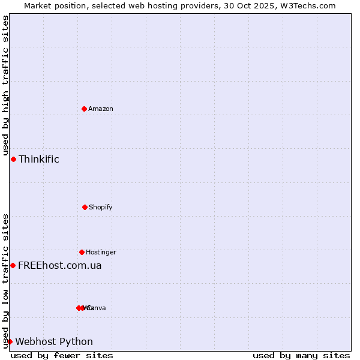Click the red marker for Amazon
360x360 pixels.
pyautogui.click(x=84, y=109)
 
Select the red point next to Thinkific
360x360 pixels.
pyautogui.click(x=13, y=159)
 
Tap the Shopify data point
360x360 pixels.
pyautogui.click(x=85, y=207)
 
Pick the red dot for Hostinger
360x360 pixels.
pyautogui.click(x=82, y=252)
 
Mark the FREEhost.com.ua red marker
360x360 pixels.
pyautogui.click(x=13, y=265)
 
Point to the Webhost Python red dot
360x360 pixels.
pyautogui.click(x=10, y=341)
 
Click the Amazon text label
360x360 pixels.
pyautogui.click(x=101, y=109)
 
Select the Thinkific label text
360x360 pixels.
pyautogui.click(x=39, y=159)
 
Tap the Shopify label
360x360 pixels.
pyautogui.click(x=101, y=207)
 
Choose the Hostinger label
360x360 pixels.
pyautogui.click(x=101, y=252)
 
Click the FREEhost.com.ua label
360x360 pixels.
pyautogui.click(x=60, y=265)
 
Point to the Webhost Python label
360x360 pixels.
pyautogui.click(x=54, y=341)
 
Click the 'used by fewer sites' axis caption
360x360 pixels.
pyautogui.click(x=62, y=355)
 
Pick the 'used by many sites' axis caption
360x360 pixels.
pyautogui.click(x=301, y=355)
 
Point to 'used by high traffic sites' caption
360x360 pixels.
pyautogui.click(x=5, y=86)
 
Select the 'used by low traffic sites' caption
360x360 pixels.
pyautogui.click(x=5, y=281)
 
